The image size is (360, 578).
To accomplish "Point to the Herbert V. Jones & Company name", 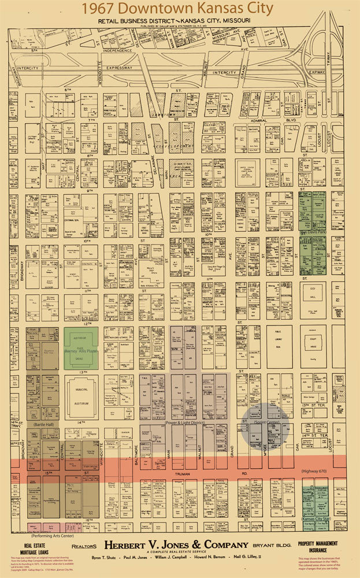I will tap(176, 545).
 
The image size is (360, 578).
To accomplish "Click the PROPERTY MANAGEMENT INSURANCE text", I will tap(319, 547).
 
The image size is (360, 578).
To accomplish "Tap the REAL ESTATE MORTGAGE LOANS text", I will tap(36, 548).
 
